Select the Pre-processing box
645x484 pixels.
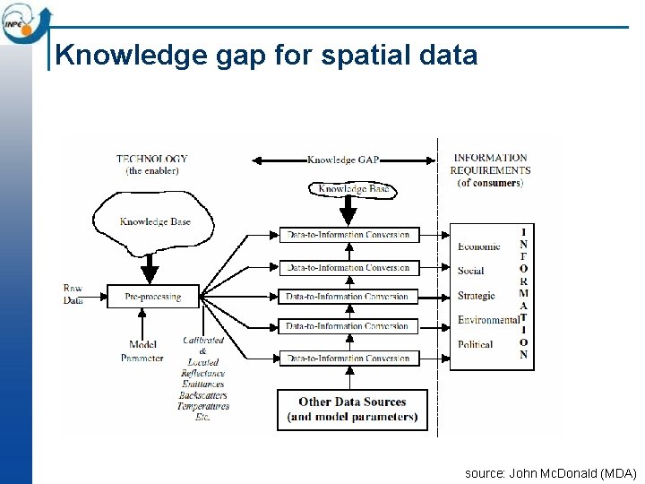(152, 297)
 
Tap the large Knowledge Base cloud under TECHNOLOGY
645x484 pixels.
(155, 221)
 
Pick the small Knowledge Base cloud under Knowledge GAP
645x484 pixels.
(355, 189)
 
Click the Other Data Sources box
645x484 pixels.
(352, 410)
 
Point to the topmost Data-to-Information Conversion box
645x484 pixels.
(348, 235)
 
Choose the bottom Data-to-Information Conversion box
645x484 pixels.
(348, 359)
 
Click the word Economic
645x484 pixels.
(478, 246)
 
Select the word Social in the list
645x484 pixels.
(470, 271)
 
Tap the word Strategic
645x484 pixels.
(476, 296)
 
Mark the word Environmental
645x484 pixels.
(488, 320)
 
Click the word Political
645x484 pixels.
(475, 344)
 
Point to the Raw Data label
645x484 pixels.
(73, 295)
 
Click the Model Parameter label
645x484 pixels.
(142, 351)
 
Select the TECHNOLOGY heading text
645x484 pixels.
(152, 160)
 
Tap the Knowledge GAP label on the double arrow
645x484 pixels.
(343, 160)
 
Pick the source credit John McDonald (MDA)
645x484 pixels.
(550, 473)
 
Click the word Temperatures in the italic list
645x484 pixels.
(203, 406)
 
